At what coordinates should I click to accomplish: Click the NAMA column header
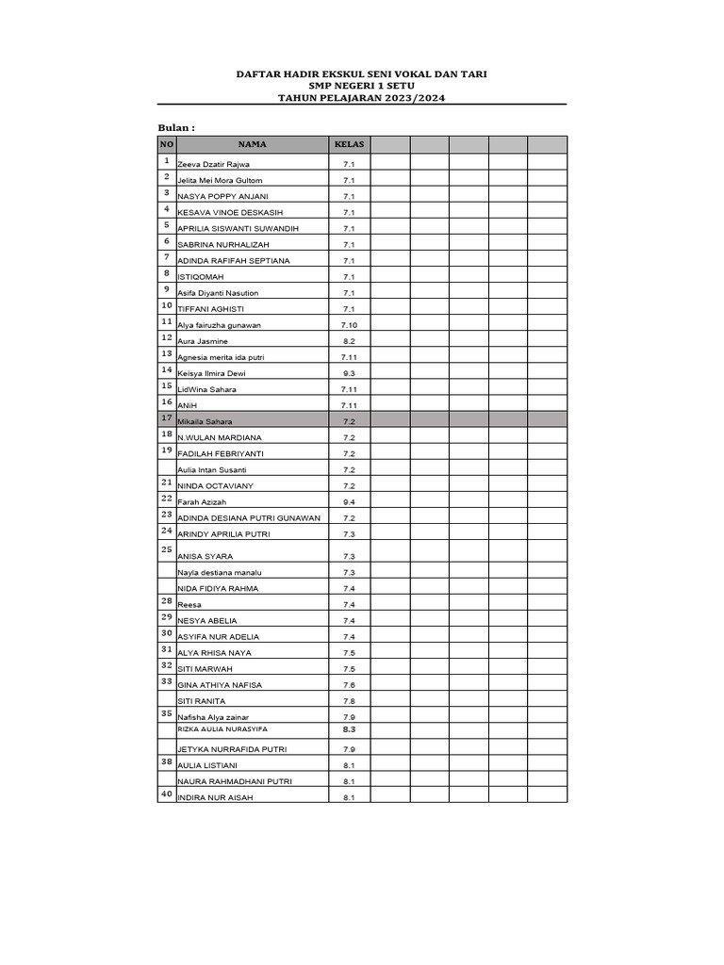click(x=252, y=144)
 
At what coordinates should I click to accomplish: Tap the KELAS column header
click(x=348, y=144)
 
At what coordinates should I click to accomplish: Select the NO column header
click(x=166, y=144)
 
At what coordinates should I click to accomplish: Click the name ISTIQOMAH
click(x=200, y=277)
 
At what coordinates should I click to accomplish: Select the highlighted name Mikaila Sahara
click(x=205, y=421)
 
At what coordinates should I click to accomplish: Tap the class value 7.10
click(x=348, y=325)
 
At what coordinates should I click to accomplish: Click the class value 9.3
click(x=348, y=373)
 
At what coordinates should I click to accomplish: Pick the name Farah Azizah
click(x=203, y=501)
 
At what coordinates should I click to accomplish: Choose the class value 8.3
click(x=348, y=729)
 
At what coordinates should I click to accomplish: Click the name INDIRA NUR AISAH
click(x=215, y=797)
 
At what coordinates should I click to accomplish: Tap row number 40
click(x=166, y=793)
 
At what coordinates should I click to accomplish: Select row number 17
click(x=166, y=417)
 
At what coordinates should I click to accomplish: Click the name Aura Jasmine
click(x=204, y=341)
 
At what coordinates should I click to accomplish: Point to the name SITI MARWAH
click(x=206, y=669)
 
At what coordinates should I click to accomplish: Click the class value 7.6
click(x=348, y=685)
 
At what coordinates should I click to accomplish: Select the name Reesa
click(x=189, y=605)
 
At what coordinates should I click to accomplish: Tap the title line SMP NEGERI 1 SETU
click(x=361, y=85)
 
